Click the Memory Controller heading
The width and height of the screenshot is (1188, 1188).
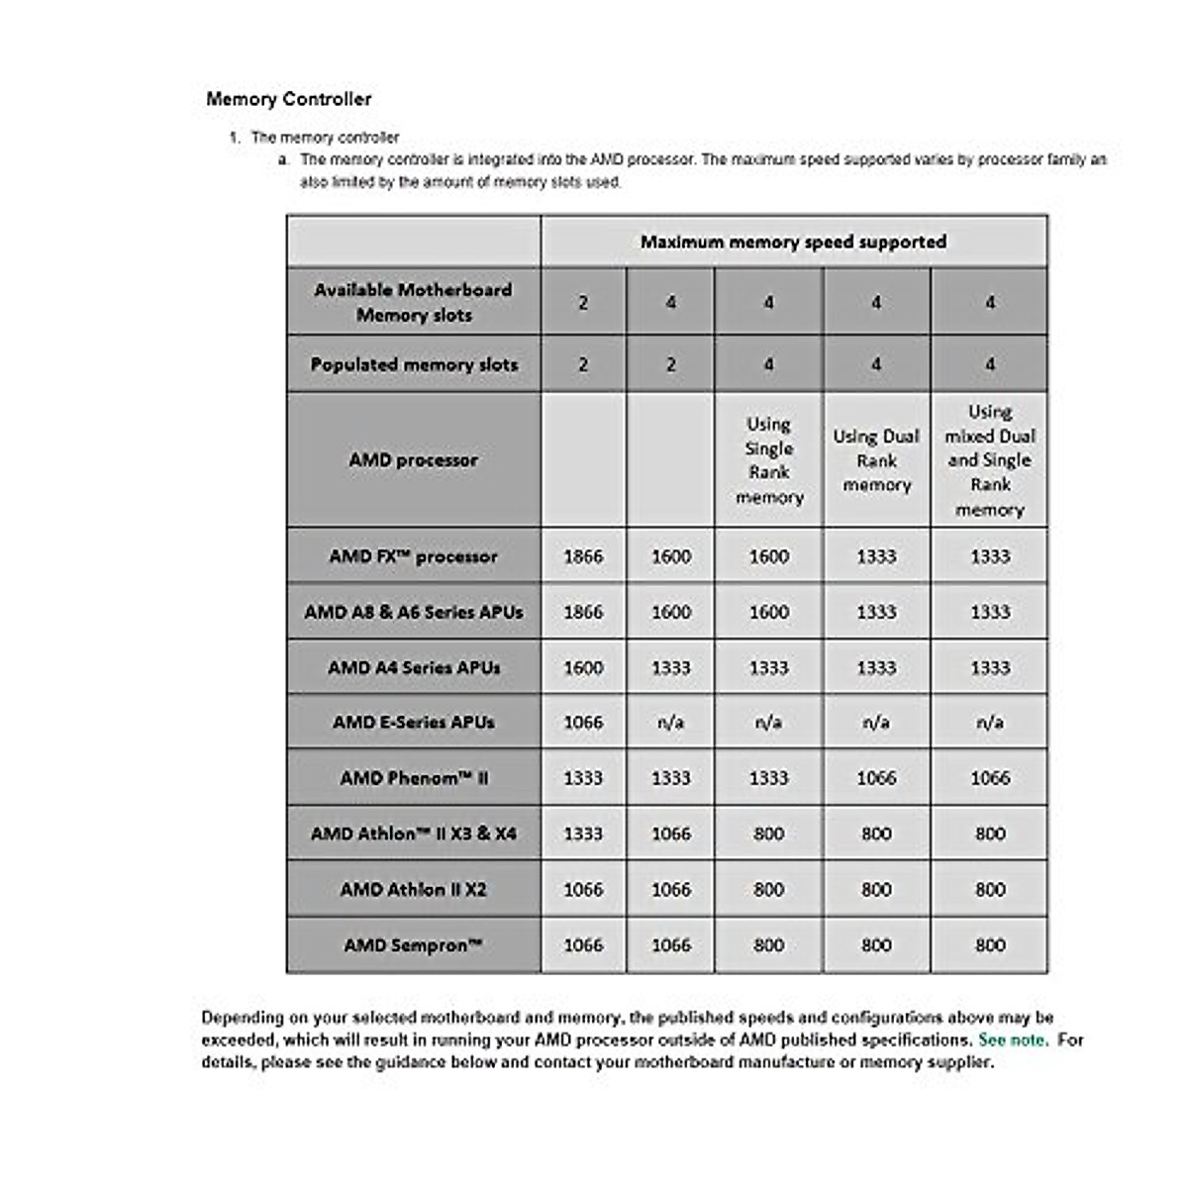[289, 99]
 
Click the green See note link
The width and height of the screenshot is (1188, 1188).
[1012, 1040]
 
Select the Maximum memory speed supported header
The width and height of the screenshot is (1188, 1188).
[793, 242]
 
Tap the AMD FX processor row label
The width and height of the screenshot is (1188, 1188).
[414, 556]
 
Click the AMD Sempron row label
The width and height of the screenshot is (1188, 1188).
[414, 945]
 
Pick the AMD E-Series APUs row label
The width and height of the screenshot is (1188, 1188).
[414, 723]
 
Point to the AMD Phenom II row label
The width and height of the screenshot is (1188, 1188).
[414, 778]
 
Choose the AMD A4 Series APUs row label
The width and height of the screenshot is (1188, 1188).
[414, 667]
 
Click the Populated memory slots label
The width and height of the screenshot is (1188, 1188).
[414, 364]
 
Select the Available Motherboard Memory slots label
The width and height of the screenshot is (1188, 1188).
[414, 302]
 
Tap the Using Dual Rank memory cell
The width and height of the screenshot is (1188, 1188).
[876, 460]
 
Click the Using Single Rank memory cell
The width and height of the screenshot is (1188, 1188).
[768, 460]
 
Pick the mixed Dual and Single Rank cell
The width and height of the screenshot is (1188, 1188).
[989, 460]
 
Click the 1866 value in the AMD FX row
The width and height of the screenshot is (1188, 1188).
[583, 556]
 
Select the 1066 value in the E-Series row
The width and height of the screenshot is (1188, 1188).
[583, 723]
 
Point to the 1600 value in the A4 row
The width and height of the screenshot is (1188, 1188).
[583, 667]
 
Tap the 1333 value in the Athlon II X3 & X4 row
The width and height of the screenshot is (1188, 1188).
[583, 834]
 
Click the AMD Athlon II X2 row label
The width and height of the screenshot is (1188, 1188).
[414, 889]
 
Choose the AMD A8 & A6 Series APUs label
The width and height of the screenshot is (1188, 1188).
[414, 612]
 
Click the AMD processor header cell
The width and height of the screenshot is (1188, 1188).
[414, 460]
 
